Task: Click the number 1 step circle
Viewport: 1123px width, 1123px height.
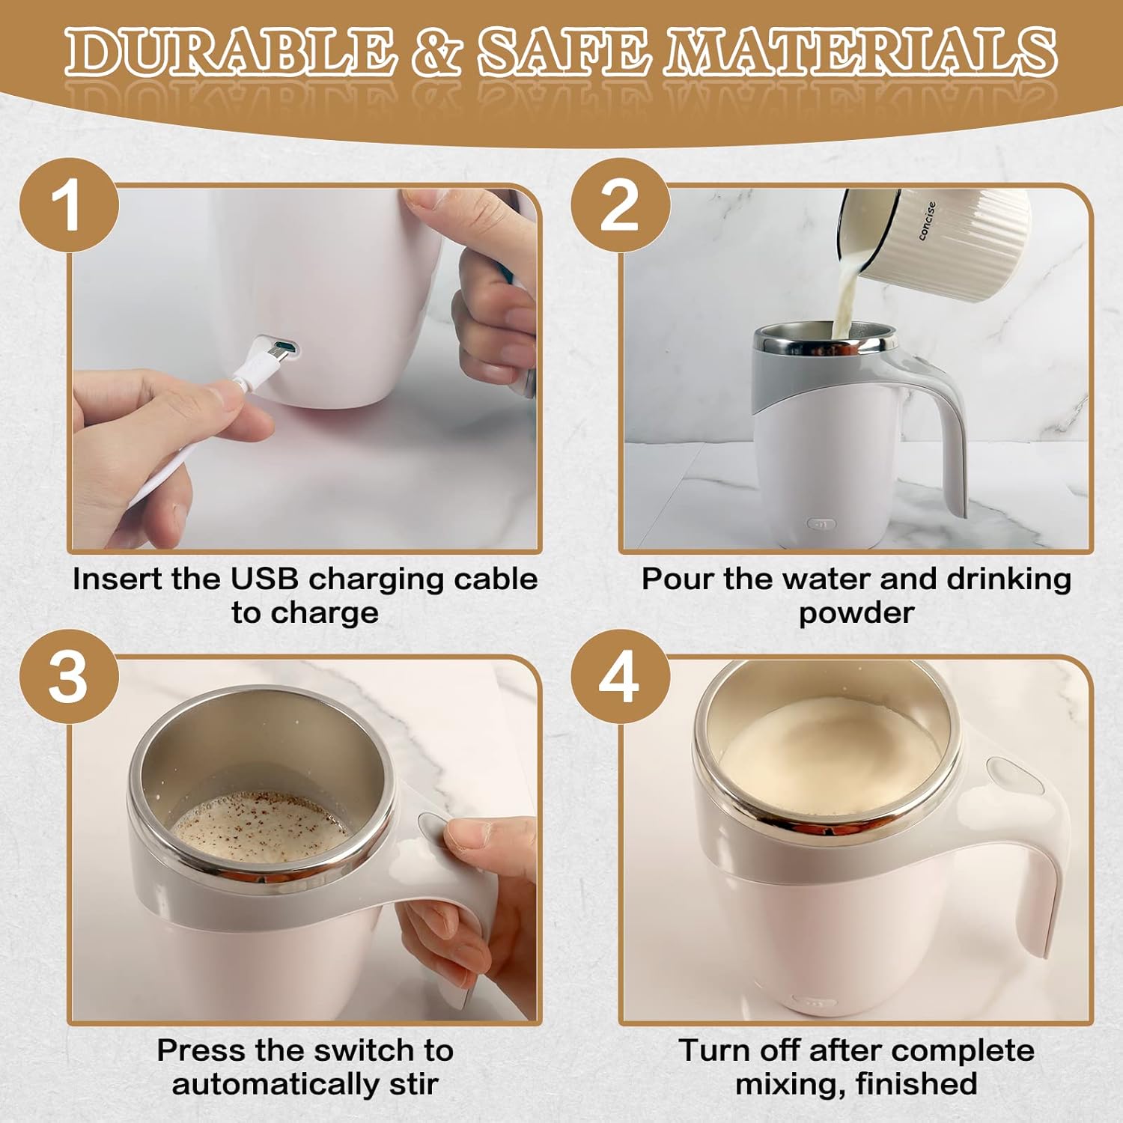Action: (69, 206)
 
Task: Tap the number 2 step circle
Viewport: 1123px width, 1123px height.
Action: (620, 206)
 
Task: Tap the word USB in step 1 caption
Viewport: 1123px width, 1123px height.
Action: (264, 579)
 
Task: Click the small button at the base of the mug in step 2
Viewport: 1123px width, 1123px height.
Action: (821, 524)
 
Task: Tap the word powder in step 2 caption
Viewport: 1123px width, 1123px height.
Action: (856, 613)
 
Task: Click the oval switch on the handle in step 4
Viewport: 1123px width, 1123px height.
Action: (1014, 777)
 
